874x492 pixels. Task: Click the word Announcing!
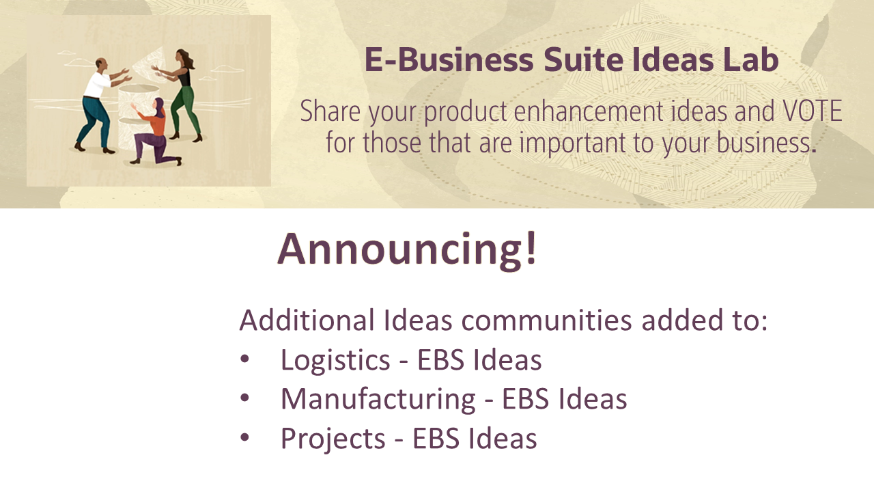(x=408, y=249)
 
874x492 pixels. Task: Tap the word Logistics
(x=335, y=360)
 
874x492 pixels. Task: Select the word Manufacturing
(x=378, y=399)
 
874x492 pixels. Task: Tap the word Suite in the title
(x=581, y=60)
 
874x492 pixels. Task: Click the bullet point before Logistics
(x=245, y=360)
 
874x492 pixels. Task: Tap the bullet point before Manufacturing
(x=245, y=399)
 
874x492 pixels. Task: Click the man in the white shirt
(x=98, y=102)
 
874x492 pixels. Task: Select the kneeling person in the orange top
(x=156, y=133)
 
